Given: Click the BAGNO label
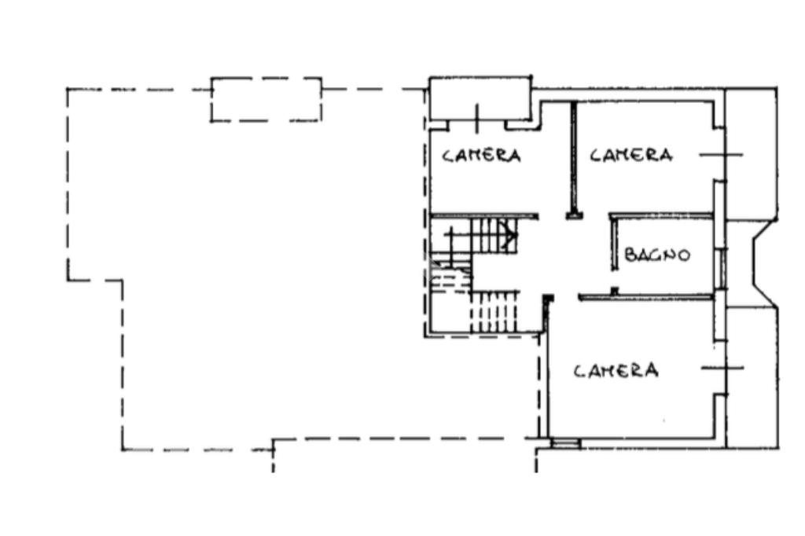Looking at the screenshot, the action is coord(657,254).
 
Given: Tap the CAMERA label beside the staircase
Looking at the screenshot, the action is coord(481,155).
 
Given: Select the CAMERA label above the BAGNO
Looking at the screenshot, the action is coord(631,155).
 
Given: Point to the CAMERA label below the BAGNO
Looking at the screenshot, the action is coord(616,370).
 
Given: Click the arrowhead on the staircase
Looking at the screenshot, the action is coord(512,236).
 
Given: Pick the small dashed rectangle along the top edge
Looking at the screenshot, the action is coord(266,100).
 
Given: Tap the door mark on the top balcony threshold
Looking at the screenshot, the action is coord(477,118).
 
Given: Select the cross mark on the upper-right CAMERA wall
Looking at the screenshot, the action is coord(722,154).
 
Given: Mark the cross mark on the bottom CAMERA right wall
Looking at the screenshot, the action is coord(722,368).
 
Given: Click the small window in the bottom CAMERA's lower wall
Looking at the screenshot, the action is coord(564,442).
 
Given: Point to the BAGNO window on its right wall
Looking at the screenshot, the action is coord(722,267).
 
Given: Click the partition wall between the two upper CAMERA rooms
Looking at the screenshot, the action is coord(573,160).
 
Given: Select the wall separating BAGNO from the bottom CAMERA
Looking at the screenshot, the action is coord(646,297).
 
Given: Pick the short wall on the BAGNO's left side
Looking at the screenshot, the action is coord(613,242).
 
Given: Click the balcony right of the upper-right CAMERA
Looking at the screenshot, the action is coord(750,154).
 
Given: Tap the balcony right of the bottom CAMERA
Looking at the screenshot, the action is coord(752,378).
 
